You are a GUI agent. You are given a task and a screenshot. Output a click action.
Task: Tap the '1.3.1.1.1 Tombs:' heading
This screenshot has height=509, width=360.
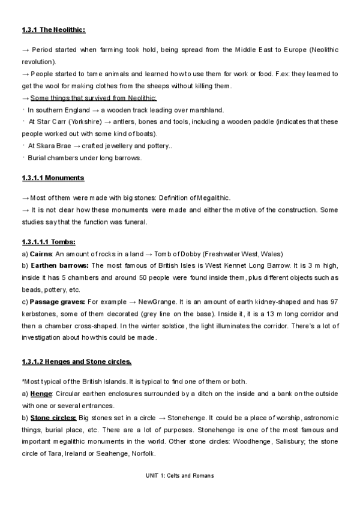[49, 242]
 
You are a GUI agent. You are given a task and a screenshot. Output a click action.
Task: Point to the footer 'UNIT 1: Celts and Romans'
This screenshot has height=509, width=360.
[179, 475]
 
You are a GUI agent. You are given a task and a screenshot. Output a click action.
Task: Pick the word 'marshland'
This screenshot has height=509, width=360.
[205, 109]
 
